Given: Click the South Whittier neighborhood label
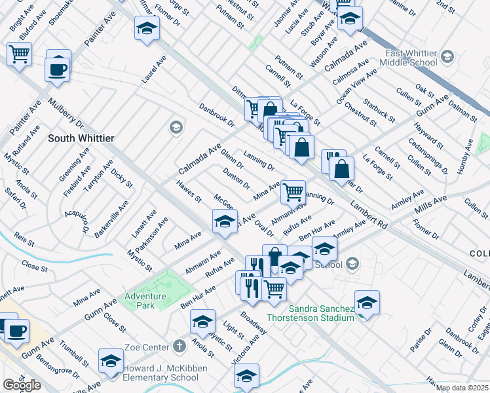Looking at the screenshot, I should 81,138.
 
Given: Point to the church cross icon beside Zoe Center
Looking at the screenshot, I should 181,345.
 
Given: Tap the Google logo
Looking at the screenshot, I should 21,385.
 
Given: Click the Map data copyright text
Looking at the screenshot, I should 462,388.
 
